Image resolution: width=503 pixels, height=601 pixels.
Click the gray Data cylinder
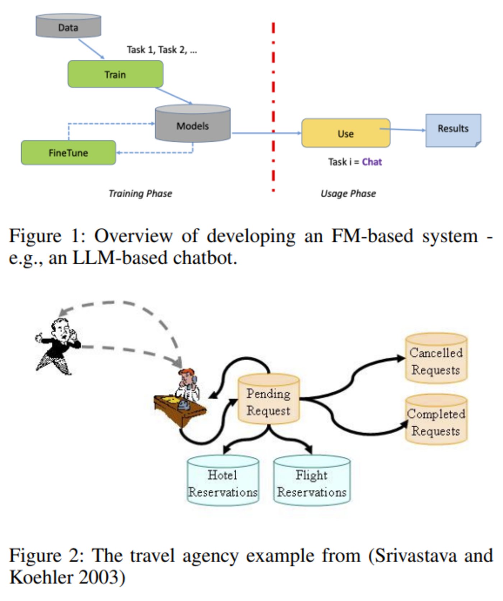point(68,26)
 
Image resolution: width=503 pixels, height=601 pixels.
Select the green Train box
point(115,74)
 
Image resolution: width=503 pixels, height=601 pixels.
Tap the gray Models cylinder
point(193,124)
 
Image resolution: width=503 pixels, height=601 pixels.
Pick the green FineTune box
point(68,153)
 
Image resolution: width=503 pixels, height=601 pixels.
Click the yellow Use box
point(346,133)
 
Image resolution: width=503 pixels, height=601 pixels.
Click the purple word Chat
point(372,162)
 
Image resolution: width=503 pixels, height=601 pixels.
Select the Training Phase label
point(140,193)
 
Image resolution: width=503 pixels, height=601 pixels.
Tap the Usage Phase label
point(348,193)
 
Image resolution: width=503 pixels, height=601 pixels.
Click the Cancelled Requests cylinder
point(436,359)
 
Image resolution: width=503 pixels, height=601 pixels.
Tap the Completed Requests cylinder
point(436,420)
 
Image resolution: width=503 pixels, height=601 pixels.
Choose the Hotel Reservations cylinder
point(223,481)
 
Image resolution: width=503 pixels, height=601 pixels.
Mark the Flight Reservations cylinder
point(312,481)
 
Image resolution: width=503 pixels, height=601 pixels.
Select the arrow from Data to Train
point(91,49)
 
